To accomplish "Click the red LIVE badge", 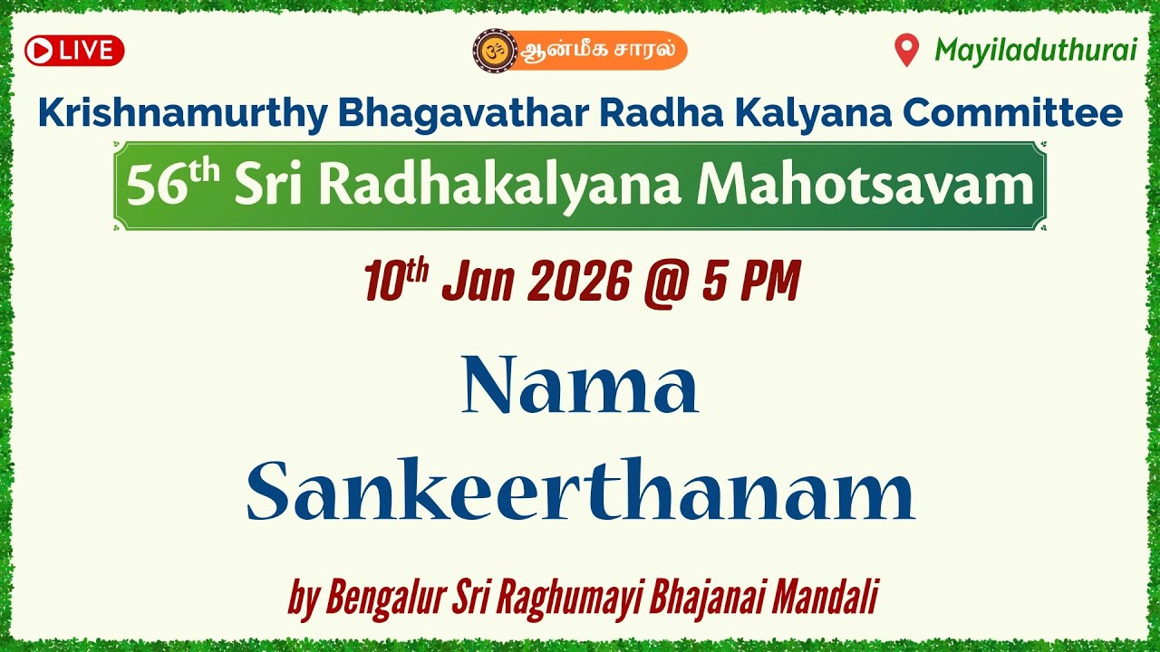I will point(74,51).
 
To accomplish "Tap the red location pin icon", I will point(906,51).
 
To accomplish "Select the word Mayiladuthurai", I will point(1035,51).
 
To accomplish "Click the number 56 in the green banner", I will point(148,187).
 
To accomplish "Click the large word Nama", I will point(580,388).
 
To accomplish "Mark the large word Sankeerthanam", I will point(580,494).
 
